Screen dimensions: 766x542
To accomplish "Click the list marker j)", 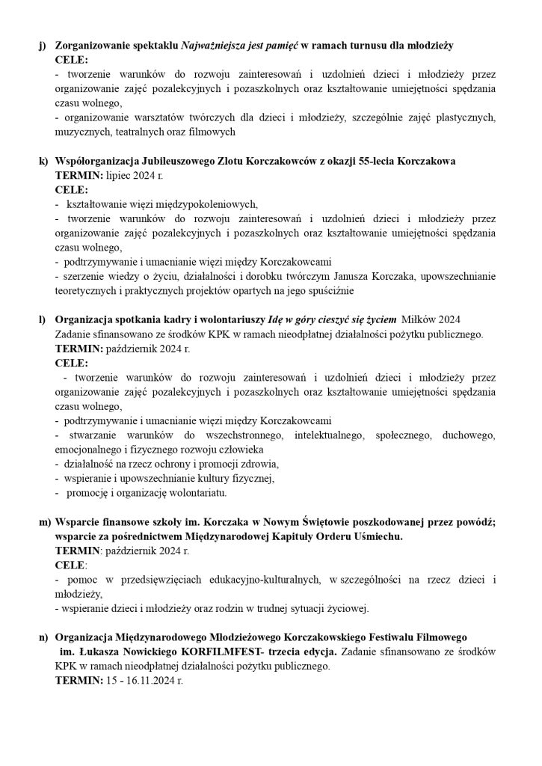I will point(42,46).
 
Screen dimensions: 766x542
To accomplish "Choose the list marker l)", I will point(42,319).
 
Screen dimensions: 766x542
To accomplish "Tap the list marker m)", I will point(43,521).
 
